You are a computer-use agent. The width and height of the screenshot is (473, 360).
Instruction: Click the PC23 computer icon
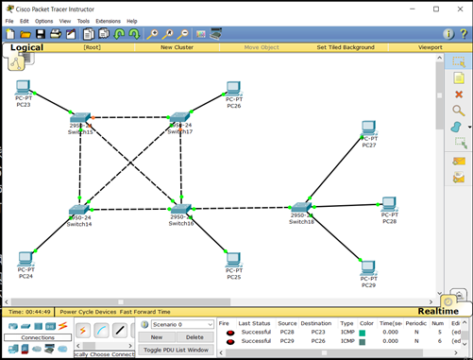pos(24,90)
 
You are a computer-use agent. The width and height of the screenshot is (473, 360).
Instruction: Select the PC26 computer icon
pos(233,90)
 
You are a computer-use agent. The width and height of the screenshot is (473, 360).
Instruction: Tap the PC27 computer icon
pos(369,129)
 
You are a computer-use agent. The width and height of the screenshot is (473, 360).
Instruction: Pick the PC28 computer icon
pos(389,204)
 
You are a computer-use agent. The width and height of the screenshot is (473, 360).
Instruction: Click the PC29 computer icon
pos(369,268)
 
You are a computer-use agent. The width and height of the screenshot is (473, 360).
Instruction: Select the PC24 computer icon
pos(25,260)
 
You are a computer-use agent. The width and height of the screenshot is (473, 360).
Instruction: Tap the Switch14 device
pos(79,211)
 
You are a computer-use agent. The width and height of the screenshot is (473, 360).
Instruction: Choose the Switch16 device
pos(181,210)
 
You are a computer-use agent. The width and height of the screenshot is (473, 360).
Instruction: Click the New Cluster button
pos(177,46)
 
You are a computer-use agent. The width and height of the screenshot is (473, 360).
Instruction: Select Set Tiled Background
pos(345,46)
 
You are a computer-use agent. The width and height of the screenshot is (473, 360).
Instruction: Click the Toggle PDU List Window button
pos(176,350)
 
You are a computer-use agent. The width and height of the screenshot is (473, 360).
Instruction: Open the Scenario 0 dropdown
pos(177,324)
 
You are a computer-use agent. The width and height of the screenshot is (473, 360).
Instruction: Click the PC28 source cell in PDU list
pos(287,332)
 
